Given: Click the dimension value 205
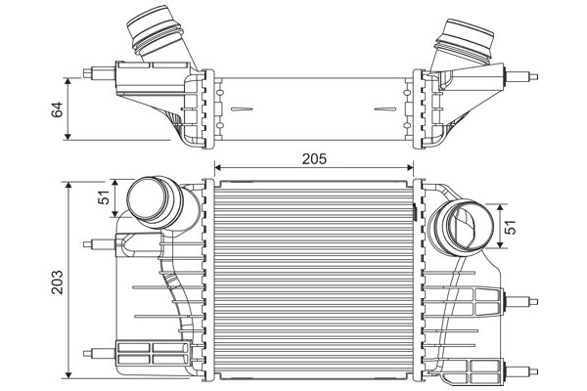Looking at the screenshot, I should [x=313, y=157].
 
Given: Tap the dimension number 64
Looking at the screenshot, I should [x=56, y=108].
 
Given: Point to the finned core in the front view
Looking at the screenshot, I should [x=313, y=279].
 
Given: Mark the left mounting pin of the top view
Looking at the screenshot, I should [x=98, y=72].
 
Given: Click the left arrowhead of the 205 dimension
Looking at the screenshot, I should [x=217, y=167].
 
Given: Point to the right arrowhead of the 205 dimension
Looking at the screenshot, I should [x=410, y=167].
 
